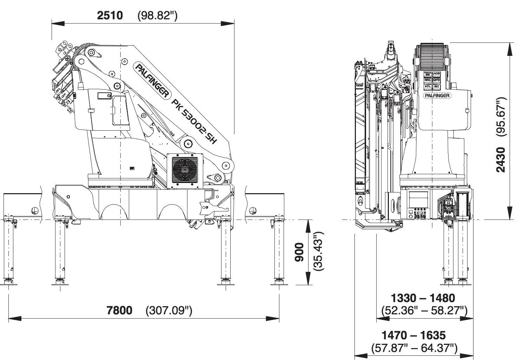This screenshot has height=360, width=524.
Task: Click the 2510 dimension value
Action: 110,15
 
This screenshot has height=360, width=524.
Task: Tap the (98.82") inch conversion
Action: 157,15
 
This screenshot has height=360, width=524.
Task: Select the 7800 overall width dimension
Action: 119,310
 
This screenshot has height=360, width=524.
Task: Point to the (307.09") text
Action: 169,310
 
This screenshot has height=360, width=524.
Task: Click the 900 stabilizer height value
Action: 299,252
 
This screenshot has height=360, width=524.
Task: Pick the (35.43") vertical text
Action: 318,251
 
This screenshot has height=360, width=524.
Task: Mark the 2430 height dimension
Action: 501,160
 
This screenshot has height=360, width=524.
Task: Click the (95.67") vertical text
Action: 501,116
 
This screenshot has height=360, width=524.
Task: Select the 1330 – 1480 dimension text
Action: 423,298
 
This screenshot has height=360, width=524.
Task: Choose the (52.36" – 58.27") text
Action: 424,310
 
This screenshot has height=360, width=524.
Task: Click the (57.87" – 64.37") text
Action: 414,348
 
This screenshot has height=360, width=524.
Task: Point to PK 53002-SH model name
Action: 194,121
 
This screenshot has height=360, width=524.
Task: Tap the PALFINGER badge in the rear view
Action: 437,96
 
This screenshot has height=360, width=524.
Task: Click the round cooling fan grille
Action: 185,170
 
